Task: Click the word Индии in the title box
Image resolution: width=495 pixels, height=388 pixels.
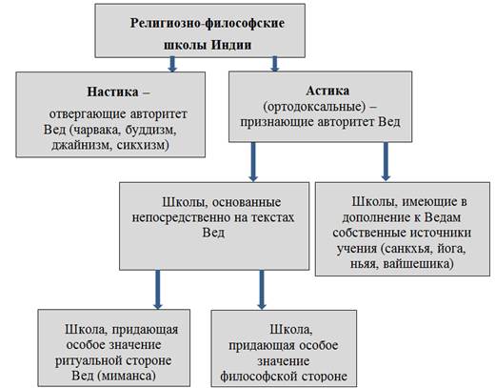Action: click(231, 45)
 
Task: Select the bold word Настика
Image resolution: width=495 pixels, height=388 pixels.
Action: click(112, 92)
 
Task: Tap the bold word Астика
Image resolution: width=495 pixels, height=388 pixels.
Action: click(327, 91)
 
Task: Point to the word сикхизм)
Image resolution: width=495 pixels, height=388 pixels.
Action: click(143, 145)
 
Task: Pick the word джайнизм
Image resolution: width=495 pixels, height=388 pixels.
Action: click(82, 146)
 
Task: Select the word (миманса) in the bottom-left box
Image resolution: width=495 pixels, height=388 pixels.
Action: click(127, 376)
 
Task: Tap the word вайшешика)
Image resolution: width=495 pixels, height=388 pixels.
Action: click(419, 264)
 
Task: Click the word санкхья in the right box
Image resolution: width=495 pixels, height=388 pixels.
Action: click(407, 249)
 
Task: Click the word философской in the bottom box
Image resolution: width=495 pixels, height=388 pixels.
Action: click(259, 377)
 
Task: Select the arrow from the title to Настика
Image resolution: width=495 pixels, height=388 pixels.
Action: click(172, 64)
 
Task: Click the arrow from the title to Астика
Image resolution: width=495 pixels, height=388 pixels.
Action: click(275, 64)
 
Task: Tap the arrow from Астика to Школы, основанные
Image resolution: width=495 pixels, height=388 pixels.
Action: click(253, 162)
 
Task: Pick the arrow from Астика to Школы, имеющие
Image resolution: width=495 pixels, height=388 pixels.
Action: click(386, 161)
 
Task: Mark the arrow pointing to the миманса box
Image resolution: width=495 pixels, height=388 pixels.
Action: click(158, 290)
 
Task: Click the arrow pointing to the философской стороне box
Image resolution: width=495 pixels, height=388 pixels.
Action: click(262, 290)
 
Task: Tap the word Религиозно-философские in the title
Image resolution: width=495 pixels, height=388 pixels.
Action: click(208, 23)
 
